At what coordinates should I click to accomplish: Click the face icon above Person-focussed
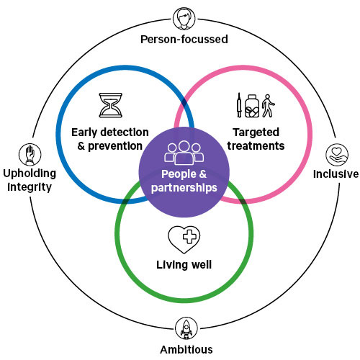184,19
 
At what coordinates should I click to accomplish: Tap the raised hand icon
30,155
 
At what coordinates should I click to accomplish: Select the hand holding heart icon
337,155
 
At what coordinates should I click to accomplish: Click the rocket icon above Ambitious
186,328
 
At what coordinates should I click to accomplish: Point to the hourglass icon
111,105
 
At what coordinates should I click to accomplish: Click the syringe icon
239,105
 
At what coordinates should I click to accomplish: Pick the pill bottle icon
252,106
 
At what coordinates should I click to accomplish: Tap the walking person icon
268,106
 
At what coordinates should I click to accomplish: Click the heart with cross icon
184,240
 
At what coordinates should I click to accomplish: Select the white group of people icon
184,153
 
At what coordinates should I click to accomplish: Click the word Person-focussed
184,40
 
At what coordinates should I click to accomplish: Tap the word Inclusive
336,174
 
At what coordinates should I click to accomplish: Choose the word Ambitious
186,349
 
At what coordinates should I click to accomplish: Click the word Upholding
30,174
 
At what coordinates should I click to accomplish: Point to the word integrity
30,187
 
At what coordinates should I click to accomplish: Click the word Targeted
256,132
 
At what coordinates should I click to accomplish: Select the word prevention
115,146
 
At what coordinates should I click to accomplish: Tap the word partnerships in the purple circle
184,188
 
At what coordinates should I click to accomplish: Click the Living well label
184,265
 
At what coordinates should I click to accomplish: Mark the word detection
125,132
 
